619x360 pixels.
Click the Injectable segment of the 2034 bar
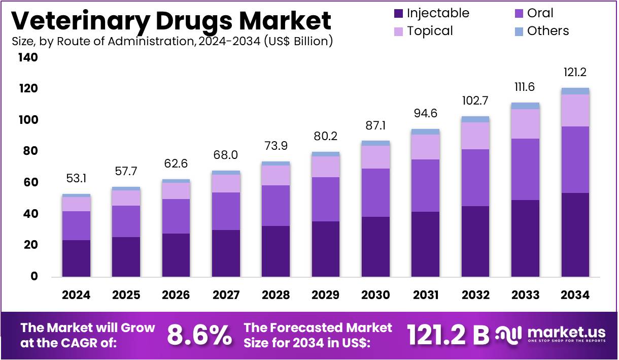tap(575, 235)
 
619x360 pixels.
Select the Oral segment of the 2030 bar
tap(375, 192)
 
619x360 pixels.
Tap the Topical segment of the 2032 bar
tap(475, 136)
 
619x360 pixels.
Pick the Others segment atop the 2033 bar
tap(525, 106)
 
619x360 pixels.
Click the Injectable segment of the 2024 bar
tap(76, 258)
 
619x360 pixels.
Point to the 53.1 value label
tap(76, 179)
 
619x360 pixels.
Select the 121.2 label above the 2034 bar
tap(575, 73)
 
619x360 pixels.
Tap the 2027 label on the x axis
tap(226, 295)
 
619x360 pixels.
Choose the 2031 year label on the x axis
tap(426, 295)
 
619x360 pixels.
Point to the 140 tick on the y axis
tap(28, 58)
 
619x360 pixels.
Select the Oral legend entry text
tap(540, 13)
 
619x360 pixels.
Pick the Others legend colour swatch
tap(518, 31)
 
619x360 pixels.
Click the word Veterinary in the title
tap(80, 20)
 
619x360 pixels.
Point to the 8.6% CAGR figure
tap(199, 335)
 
